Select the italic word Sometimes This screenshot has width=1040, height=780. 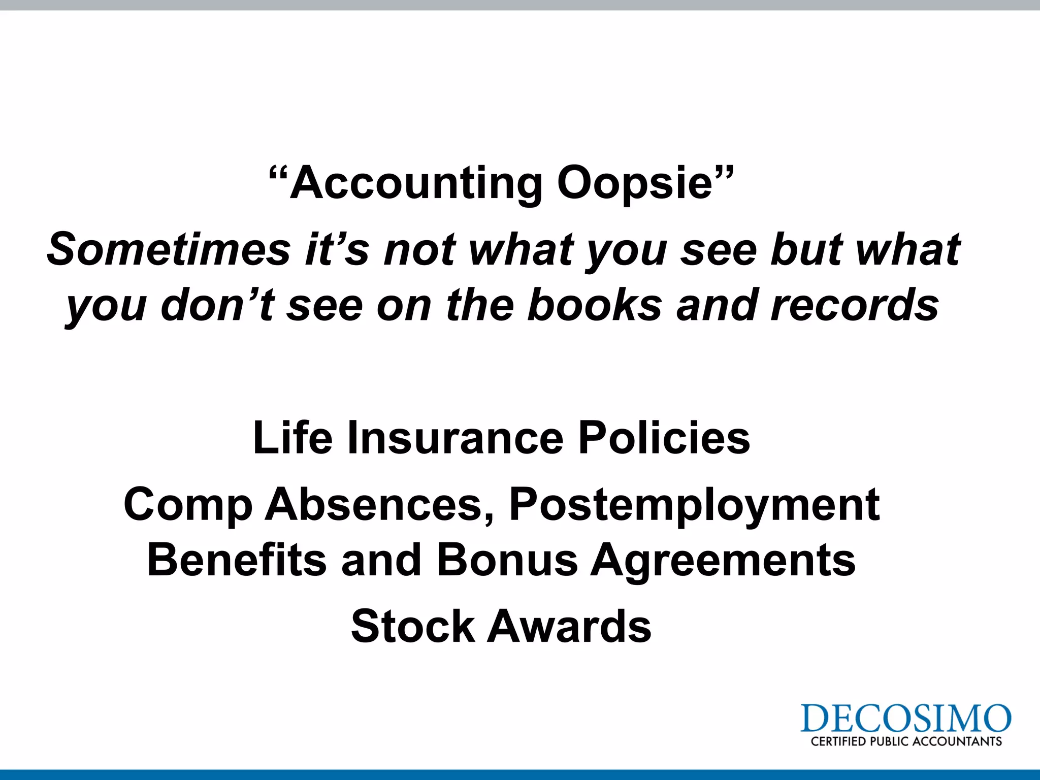(x=169, y=249)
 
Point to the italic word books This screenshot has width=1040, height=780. (x=595, y=305)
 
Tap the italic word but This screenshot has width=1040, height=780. (x=806, y=249)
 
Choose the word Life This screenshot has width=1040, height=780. (x=292, y=438)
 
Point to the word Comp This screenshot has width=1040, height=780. (x=188, y=505)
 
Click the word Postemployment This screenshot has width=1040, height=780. (x=694, y=505)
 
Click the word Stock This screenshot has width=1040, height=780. (x=412, y=626)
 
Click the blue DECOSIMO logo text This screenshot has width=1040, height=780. (x=905, y=719)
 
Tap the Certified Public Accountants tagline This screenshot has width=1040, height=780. (x=906, y=741)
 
